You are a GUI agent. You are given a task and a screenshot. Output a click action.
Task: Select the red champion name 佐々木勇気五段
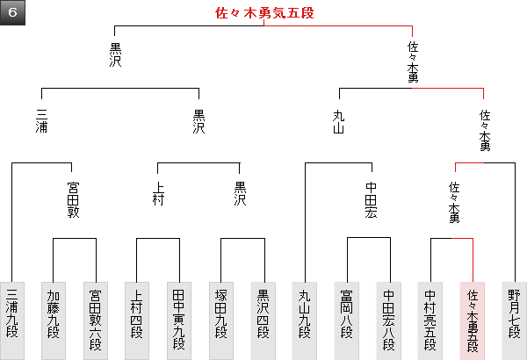point(263,13)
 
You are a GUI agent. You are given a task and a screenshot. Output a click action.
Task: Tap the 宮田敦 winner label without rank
point(74,199)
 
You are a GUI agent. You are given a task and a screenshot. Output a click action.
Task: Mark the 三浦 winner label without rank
point(41,120)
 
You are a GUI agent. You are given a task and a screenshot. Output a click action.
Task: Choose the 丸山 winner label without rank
point(339,120)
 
